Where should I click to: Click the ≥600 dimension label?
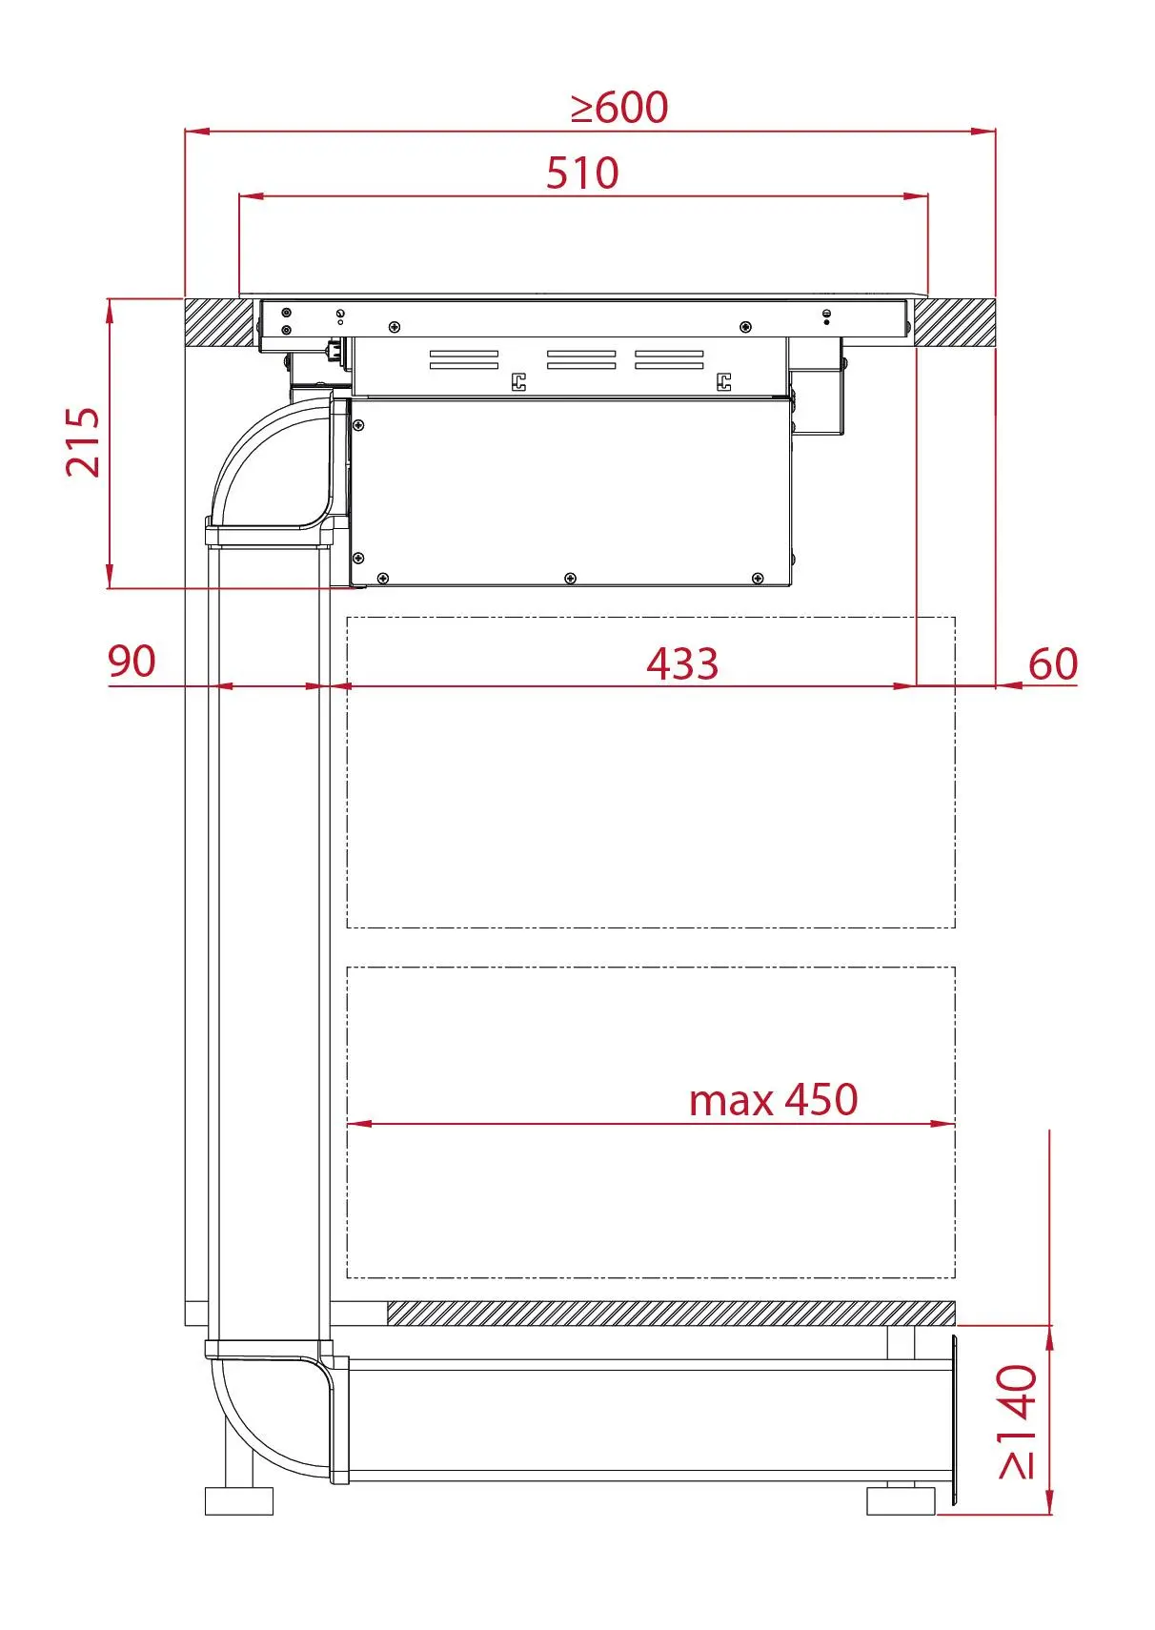pyautogui.click(x=619, y=108)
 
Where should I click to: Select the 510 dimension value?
pyautogui.click(x=582, y=173)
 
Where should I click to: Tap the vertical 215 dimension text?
pyautogui.click(x=83, y=442)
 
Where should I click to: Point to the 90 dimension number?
pyautogui.click(x=132, y=661)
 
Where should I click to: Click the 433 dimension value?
pyautogui.click(x=682, y=663)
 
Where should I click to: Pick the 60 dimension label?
pyautogui.click(x=1052, y=663)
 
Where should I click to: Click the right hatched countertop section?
pyautogui.click(x=954, y=321)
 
